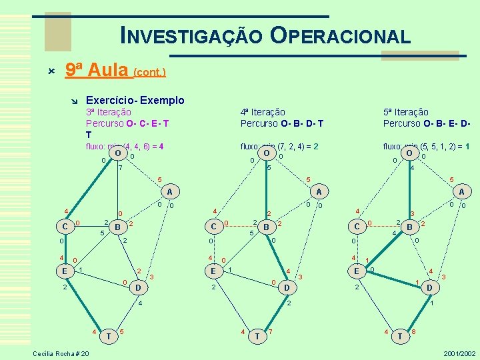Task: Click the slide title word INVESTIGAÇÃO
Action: [x=191, y=35]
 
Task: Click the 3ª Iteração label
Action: [x=109, y=112]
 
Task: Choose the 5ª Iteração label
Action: [x=406, y=112]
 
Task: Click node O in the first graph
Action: [x=117, y=154]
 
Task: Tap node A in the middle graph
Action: [x=319, y=191]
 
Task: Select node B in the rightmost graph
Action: [x=411, y=227]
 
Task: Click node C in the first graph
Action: [x=65, y=227]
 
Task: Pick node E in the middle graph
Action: [x=213, y=271]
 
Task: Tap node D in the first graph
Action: [x=138, y=288]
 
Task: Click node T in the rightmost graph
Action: [x=400, y=337]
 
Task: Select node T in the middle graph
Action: [x=257, y=337]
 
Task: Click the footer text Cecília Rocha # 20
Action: [x=61, y=353]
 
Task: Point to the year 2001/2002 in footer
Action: [x=459, y=353]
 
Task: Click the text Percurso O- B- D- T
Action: [x=282, y=123]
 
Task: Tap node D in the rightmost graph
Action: [x=430, y=288]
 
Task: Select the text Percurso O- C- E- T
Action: [x=127, y=123]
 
